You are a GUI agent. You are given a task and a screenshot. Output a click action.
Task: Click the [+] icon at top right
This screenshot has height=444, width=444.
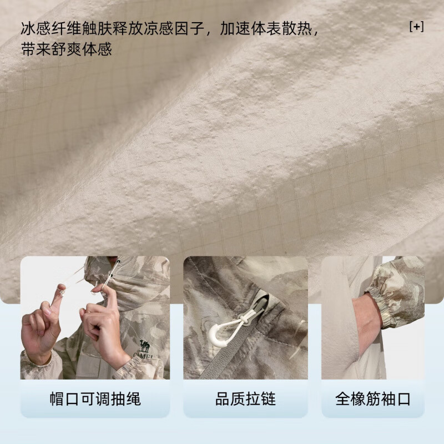(416, 27)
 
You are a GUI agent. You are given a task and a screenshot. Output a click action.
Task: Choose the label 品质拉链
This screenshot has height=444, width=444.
(245, 398)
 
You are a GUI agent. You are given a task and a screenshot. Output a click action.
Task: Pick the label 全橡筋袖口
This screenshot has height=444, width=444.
(373, 398)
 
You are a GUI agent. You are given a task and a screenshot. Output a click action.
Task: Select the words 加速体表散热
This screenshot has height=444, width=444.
(270, 28)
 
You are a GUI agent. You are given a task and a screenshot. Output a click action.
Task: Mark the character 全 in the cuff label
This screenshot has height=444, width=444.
(343, 398)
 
